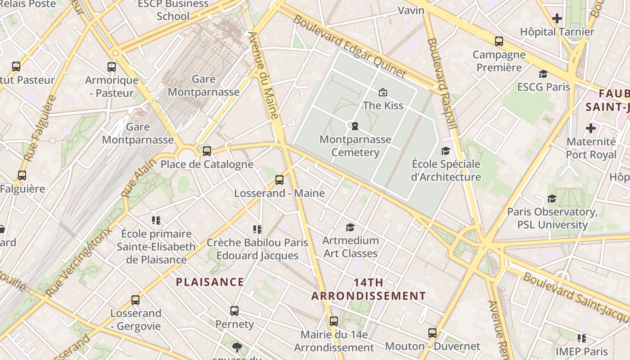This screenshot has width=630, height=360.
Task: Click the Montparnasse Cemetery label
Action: click(x=355, y=146)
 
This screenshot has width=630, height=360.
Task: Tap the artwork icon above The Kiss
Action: click(x=383, y=92)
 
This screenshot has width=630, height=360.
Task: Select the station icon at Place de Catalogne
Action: click(x=207, y=151)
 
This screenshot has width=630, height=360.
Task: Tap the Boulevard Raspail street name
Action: click(x=442, y=83)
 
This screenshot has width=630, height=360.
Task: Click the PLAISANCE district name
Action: click(x=210, y=282)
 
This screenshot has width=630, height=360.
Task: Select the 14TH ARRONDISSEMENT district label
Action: click(x=369, y=289)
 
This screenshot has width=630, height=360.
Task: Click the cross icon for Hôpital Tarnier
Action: click(x=557, y=18)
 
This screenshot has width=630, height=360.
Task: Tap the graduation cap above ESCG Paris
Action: click(x=543, y=74)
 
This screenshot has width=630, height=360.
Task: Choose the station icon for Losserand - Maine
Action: click(x=279, y=180)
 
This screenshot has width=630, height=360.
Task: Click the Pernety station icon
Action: click(x=234, y=311)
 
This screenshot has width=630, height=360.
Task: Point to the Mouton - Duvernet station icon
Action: click(x=432, y=333)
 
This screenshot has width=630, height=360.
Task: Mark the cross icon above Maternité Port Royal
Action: click(x=591, y=129)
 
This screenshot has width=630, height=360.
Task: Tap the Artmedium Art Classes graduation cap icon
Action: click(x=350, y=227)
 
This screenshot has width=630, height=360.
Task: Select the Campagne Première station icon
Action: click(x=499, y=41)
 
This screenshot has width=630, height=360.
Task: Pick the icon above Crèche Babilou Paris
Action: click(x=257, y=229)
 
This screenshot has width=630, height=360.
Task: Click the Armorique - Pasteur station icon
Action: click(x=112, y=67)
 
